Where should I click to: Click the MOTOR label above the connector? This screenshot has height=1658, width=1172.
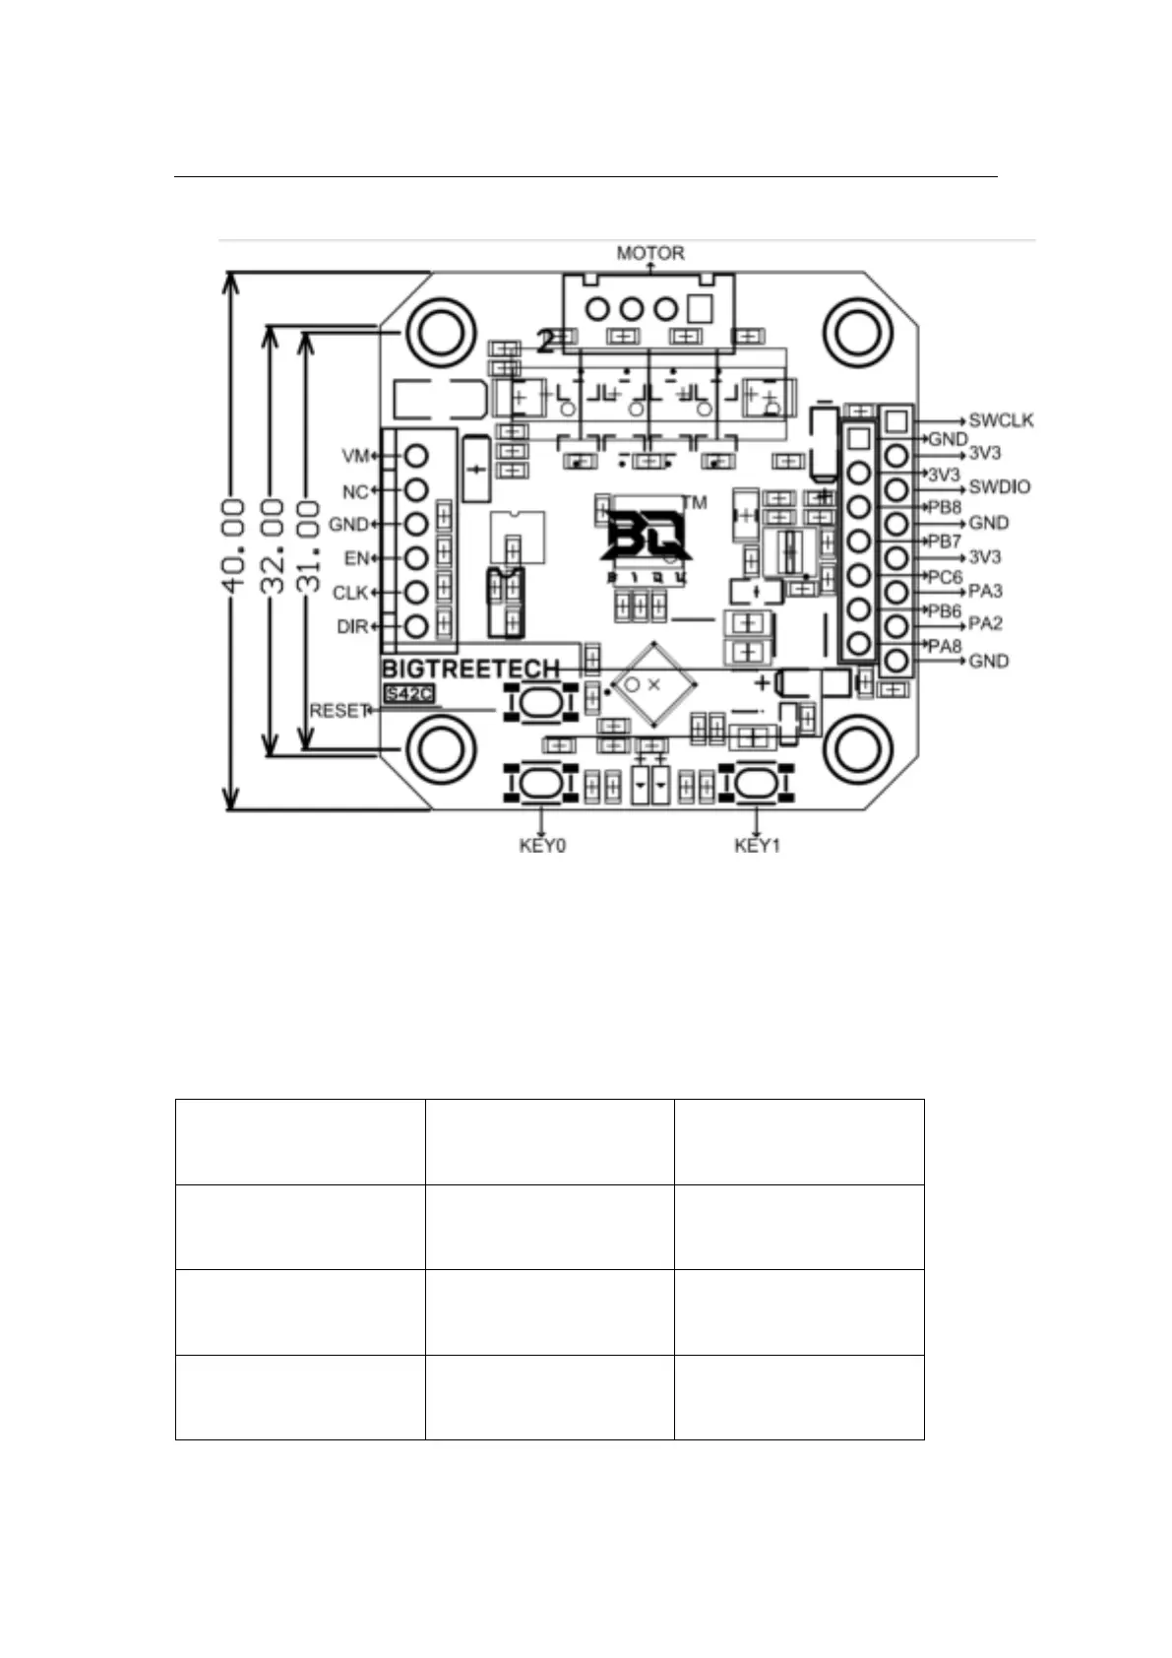pos(649,253)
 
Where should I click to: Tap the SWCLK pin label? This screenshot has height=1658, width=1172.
pos(1001,420)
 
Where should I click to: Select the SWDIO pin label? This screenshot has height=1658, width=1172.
pos(1000,486)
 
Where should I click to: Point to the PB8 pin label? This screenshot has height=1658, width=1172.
pos(945,507)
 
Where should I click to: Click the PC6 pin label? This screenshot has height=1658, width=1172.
pos(945,577)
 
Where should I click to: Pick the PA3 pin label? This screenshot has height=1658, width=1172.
pos(985,591)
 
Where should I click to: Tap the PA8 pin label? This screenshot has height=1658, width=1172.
pos(945,646)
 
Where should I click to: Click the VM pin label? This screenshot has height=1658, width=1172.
pos(354,456)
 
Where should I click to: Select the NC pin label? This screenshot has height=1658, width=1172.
pos(354,491)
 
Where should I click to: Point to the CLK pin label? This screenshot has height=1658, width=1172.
pos(349,593)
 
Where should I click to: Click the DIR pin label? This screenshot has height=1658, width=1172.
pos(351,626)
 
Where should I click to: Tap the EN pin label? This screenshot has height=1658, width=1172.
pos(355,558)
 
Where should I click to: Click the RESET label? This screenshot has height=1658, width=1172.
pos(339,710)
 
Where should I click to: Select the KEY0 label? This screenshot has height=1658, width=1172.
pos(542,846)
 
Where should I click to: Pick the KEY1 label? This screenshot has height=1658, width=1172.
pos(757,846)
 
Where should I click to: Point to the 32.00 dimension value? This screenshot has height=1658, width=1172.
pos(273,544)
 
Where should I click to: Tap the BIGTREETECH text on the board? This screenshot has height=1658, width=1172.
pos(470,669)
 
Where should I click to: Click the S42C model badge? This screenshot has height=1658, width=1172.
pos(409,693)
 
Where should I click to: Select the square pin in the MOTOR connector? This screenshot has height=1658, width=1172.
pos(700,309)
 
